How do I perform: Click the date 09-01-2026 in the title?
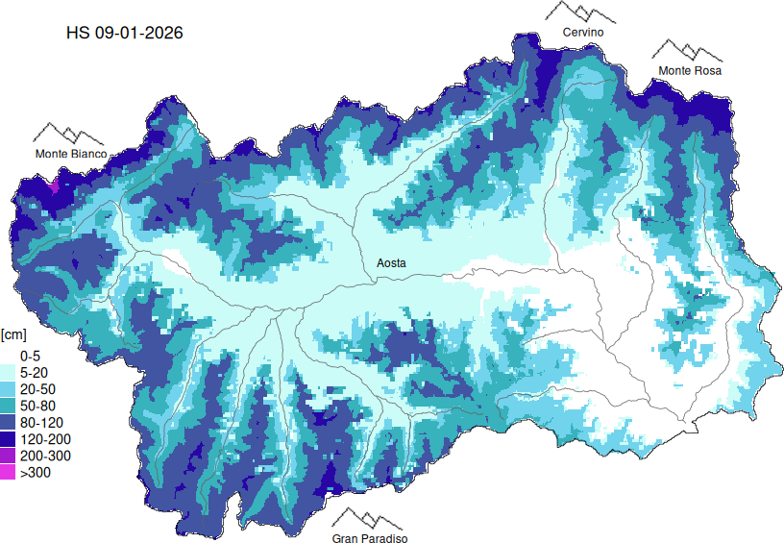[139, 33]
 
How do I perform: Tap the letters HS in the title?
[78, 33]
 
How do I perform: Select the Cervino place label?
[582, 33]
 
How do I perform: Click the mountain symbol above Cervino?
[581, 12]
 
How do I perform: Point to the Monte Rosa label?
[689, 71]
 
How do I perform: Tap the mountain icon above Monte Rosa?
[686, 50]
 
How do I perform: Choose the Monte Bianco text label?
[71, 154]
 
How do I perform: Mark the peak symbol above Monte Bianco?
[69, 133]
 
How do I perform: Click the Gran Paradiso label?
[370, 539]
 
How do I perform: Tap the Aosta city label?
[391, 263]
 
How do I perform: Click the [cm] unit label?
[13, 334]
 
